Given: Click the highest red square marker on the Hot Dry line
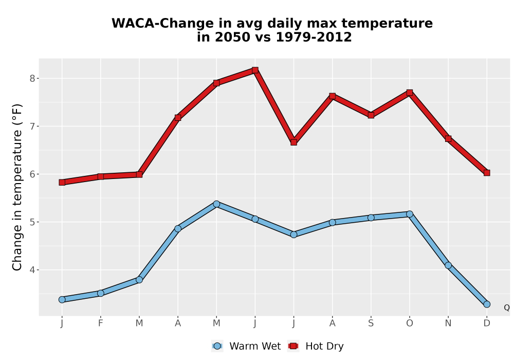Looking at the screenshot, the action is tap(255, 70).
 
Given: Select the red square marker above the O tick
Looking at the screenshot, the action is tap(410, 93).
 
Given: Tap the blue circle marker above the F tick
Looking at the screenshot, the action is tap(101, 293).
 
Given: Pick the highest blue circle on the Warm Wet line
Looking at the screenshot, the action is tap(216, 204).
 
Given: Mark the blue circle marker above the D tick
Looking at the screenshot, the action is tap(487, 304).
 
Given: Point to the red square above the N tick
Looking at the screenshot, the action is tap(448, 139).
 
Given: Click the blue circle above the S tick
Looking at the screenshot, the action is tap(371, 218).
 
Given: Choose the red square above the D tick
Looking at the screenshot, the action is tap(487, 173).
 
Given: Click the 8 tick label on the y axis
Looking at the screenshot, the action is tap(32, 78).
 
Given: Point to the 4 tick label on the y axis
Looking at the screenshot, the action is tap(32, 270).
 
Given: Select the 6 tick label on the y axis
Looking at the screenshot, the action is tap(32, 174).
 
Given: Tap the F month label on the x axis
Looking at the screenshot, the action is tap(101, 323).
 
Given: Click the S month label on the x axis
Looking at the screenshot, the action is tap(371, 323).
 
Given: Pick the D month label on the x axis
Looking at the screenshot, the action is tap(487, 323).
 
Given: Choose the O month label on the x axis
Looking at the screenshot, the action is tap(410, 323).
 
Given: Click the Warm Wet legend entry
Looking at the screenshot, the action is tap(246, 346).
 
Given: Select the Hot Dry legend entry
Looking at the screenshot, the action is tap(316, 346).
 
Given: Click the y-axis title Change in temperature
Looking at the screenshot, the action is tap(17, 187).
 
